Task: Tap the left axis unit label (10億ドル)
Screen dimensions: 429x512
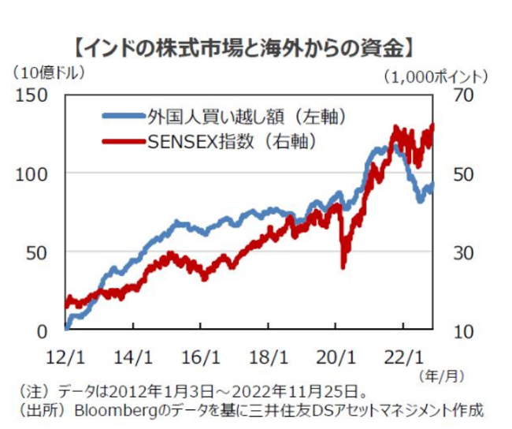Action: point(49,73)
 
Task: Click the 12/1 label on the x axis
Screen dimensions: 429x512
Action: point(66,355)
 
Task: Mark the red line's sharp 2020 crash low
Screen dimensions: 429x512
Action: point(343,267)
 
